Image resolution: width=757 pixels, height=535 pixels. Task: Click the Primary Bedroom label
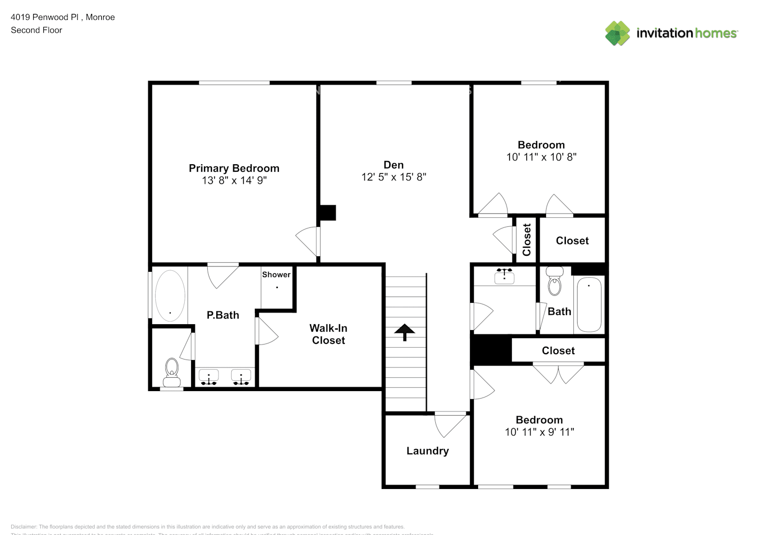click(234, 168)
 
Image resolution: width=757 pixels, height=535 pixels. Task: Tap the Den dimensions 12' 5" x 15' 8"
click(393, 177)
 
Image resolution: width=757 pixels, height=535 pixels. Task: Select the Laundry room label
click(427, 451)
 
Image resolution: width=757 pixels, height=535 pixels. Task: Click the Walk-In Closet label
click(328, 334)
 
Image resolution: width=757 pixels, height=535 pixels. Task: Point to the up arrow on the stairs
click(405, 332)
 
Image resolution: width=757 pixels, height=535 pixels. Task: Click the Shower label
click(276, 274)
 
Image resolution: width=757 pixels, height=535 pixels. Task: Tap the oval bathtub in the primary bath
click(170, 296)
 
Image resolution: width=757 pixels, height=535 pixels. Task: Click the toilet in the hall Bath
click(555, 282)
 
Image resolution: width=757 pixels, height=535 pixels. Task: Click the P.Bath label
click(223, 315)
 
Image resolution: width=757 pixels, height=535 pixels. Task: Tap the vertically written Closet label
click(527, 240)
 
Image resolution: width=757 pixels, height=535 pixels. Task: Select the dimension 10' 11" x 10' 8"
click(541, 157)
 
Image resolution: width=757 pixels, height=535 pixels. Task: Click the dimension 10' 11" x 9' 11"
click(539, 432)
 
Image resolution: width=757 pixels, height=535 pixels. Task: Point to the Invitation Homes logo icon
click(617, 33)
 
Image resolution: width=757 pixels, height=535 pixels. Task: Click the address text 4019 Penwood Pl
click(46, 17)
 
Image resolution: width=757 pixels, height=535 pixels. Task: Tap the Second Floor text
click(36, 30)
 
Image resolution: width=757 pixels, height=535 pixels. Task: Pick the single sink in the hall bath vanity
click(504, 277)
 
